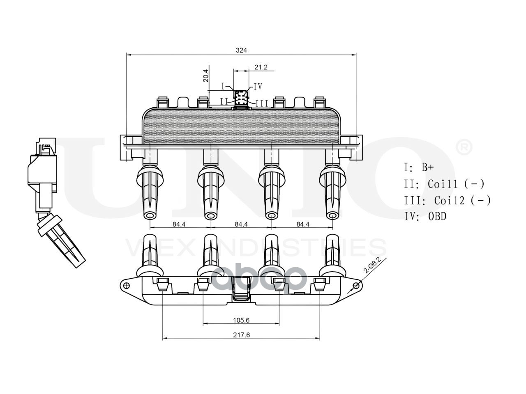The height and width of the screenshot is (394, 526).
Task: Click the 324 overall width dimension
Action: [x=241, y=50]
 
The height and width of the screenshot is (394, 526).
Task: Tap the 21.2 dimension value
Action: [x=261, y=67]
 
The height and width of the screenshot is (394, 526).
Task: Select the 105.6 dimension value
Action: [x=241, y=320]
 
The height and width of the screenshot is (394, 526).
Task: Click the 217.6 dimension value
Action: [x=241, y=335]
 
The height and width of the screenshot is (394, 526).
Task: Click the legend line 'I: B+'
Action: [x=419, y=167]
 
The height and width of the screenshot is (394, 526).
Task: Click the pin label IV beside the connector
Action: [x=258, y=86]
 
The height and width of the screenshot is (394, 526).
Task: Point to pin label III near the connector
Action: [x=262, y=103]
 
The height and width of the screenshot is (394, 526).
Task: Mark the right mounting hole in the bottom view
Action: [x=356, y=285]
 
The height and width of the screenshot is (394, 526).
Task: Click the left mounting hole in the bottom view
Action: [x=126, y=285]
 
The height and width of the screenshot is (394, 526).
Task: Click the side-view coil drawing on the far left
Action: [x=51, y=201]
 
